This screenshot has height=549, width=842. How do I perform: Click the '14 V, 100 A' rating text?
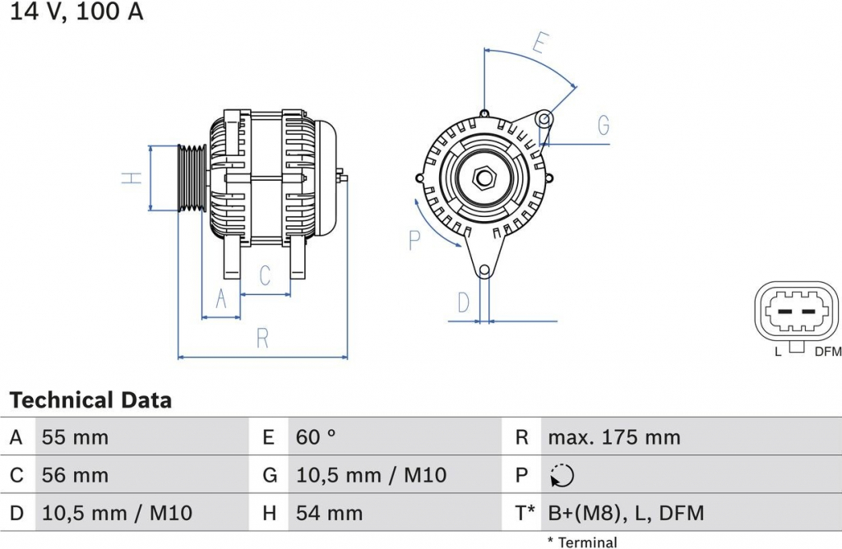[x=76, y=12]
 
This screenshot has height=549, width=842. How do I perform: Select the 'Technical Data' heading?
[x=90, y=400]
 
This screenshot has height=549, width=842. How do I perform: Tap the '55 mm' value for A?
[x=75, y=437]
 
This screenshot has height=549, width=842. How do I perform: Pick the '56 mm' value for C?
[x=75, y=475]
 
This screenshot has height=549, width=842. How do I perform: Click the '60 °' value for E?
[x=316, y=437]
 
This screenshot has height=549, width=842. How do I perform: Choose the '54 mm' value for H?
[x=329, y=513]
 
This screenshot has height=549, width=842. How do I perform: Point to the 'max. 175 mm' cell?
[x=614, y=437]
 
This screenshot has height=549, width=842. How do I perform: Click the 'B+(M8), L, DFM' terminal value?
[x=626, y=513]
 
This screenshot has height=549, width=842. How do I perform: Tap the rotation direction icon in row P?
[x=562, y=476]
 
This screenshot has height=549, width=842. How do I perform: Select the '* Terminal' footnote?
[x=582, y=542]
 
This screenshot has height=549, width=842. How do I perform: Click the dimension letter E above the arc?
[x=541, y=43]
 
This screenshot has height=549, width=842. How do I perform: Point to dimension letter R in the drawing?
[x=262, y=338]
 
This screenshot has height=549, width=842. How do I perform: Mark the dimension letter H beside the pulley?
[x=132, y=178]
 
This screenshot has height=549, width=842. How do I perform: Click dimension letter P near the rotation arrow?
[x=414, y=240]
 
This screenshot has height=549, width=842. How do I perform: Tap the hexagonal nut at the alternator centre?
[x=484, y=178]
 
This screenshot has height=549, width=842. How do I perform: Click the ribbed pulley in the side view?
[x=192, y=178]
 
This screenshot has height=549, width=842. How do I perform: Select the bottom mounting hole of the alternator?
[x=484, y=270]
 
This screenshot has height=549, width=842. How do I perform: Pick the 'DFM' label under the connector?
[x=828, y=352]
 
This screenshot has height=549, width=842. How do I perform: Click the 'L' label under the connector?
[x=778, y=352]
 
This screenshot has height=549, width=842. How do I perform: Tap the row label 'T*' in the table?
[x=525, y=513]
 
